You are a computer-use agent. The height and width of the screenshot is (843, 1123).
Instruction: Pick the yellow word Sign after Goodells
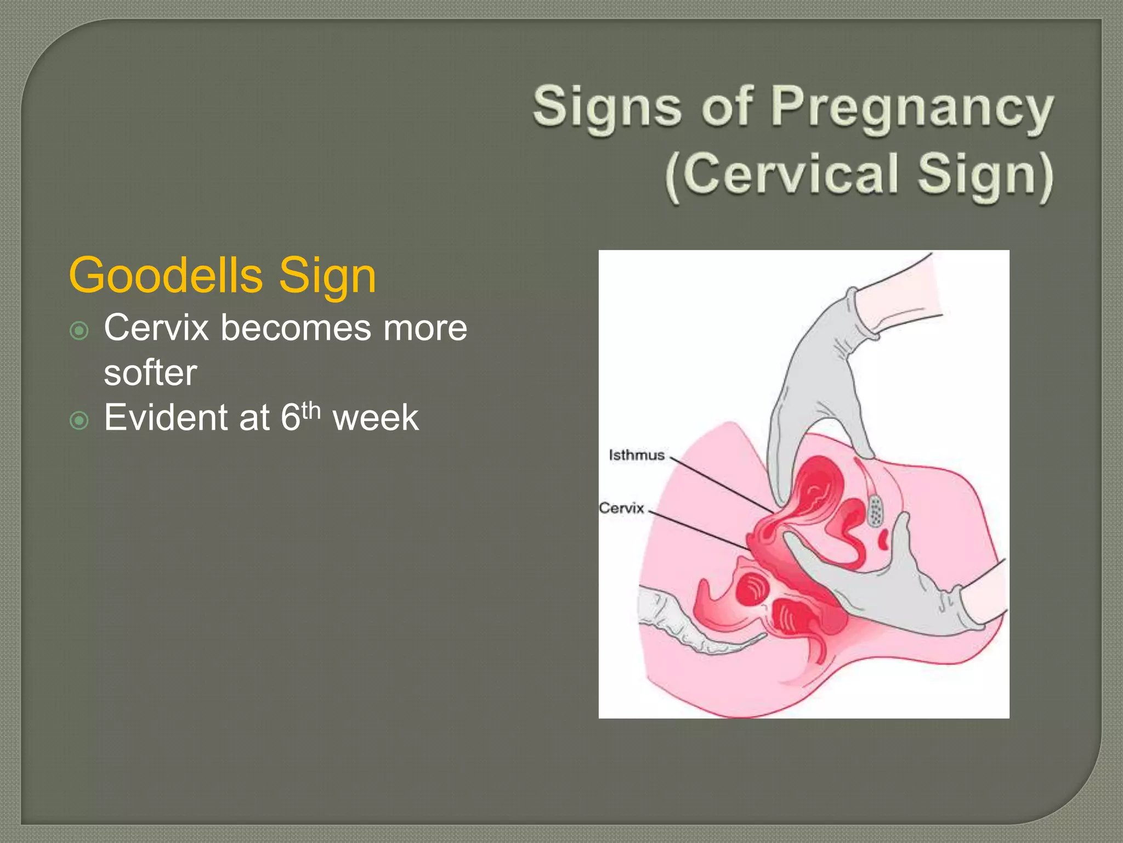327,276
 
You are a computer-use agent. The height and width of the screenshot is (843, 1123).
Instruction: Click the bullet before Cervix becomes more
80,331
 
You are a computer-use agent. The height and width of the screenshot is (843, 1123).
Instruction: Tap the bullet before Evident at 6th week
80,421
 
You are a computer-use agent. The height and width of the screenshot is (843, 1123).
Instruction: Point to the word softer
150,373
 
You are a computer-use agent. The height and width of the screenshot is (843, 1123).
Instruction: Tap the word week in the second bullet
376,418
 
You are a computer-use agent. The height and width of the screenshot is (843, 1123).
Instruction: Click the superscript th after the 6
311,409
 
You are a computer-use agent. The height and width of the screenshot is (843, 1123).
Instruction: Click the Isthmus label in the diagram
636,455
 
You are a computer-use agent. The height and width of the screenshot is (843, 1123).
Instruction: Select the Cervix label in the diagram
621,508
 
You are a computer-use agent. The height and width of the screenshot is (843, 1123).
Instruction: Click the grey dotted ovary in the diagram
875,511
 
